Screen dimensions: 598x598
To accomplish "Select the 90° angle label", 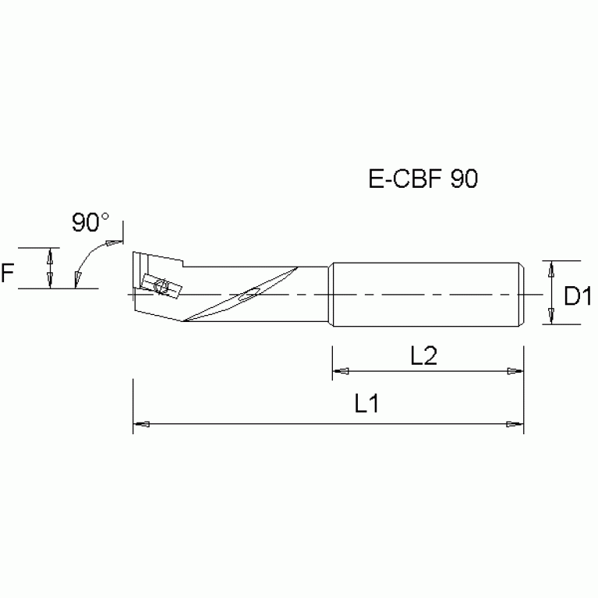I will (x=91, y=223).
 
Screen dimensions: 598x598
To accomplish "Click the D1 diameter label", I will (x=578, y=296).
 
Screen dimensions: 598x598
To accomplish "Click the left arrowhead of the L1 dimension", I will (x=142, y=425).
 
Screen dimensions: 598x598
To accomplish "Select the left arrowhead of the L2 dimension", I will (x=341, y=371).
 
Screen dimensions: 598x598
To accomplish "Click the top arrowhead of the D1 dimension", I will (x=551, y=270).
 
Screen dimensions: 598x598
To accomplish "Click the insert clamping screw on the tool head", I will (x=162, y=286).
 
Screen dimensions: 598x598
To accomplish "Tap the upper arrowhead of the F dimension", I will (x=51, y=256).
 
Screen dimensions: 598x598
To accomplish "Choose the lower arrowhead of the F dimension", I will (x=51, y=280).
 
